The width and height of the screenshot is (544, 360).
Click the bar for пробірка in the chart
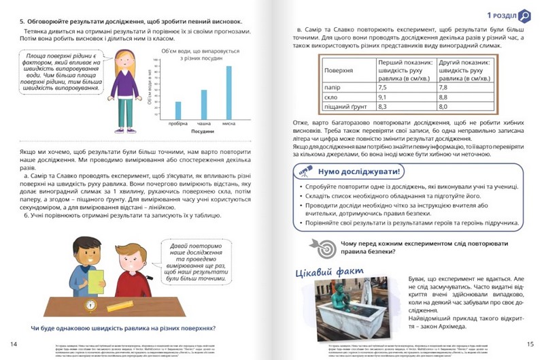click(x=178, y=110)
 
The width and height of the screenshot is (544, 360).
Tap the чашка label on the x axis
click(x=204, y=123)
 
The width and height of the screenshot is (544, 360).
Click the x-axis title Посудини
click(x=203, y=131)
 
